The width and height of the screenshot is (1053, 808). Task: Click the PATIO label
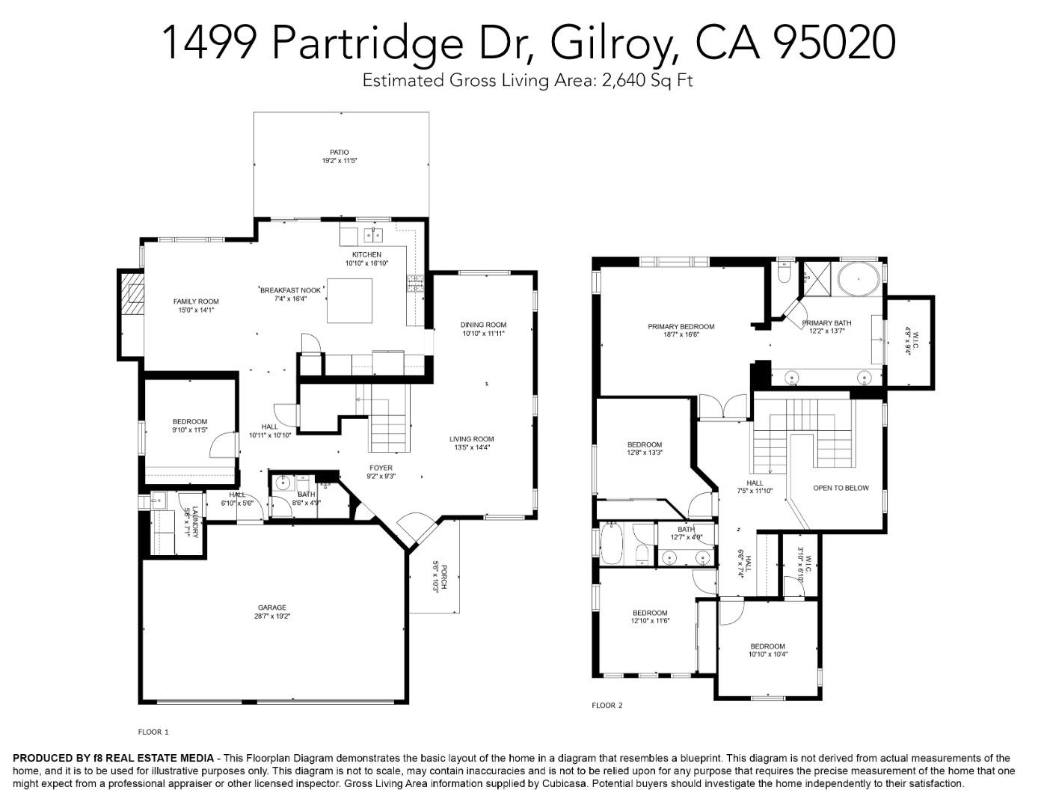click(x=340, y=152)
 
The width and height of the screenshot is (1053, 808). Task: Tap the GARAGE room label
click(x=272, y=607)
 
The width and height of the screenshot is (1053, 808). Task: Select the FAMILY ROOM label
click(x=196, y=302)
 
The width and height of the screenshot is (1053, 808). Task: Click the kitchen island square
click(x=349, y=301)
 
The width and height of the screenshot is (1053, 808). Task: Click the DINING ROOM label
click(x=483, y=325)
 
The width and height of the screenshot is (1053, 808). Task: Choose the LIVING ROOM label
click(x=471, y=439)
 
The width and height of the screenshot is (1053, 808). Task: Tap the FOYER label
click(x=380, y=468)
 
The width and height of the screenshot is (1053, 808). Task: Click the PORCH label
click(x=443, y=576)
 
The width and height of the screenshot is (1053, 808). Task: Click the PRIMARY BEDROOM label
click(x=681, y=326)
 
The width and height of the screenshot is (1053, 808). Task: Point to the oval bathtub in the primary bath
click(x=858, y=281)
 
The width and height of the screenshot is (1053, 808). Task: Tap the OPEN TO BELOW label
click(x=841, y=488)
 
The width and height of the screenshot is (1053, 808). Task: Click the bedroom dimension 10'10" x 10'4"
click(x=767, y=655)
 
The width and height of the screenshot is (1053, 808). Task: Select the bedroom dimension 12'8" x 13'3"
click(x=645, y=453)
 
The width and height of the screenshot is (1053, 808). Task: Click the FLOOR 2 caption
click(x=607, y=706)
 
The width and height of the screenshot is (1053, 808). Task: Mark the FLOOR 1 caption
click(x=153, y=732)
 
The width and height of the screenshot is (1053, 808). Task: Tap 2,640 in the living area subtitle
click(x=623, y=81)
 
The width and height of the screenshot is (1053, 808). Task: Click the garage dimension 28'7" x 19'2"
click(x=272, y=616)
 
